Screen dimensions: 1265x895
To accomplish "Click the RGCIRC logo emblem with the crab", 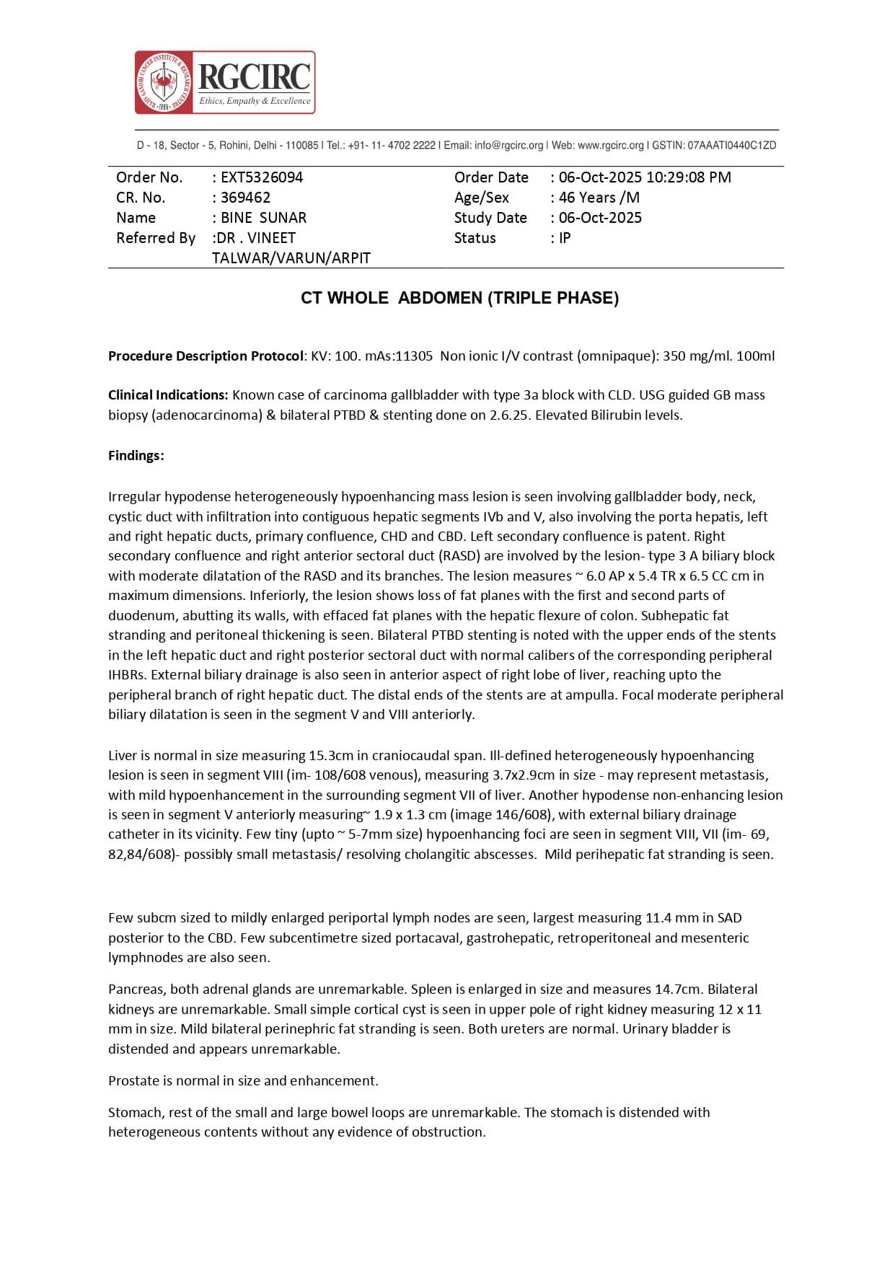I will tap(164, 82).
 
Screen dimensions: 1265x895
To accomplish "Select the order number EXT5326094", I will tap(262, 177).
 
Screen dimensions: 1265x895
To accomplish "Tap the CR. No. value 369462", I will tap(246, 198).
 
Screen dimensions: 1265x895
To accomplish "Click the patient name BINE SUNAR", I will tap(263, 218).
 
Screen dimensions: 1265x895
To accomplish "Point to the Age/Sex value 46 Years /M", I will tap(599, 198).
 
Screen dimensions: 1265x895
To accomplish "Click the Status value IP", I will tap(565, 238).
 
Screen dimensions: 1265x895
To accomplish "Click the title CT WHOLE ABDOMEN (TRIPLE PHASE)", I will tap(459, 298).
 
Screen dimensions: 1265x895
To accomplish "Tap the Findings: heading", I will tap(136, 456).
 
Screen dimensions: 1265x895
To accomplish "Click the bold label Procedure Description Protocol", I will tap(206, 356).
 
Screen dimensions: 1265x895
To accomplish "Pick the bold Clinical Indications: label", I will tap(168, 395).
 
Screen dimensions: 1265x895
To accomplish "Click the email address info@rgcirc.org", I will tap(508, 146).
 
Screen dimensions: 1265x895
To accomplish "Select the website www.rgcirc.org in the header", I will tap(610, 146).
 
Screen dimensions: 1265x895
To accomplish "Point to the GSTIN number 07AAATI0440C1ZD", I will tap(731, 146).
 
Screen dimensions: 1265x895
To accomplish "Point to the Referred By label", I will tap(156, 238).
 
